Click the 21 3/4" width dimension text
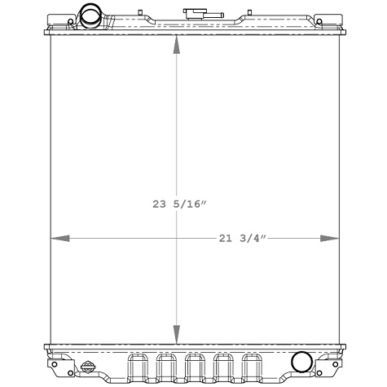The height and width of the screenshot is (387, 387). pyautogui.click(x=243, y=238)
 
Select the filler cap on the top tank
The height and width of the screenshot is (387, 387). pyautogui.click(x=196, y=14)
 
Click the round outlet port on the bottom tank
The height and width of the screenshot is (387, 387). pyautogui.click(x=301, y=361)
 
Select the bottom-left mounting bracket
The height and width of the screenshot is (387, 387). pyautogui.click(x=58, y=359)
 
